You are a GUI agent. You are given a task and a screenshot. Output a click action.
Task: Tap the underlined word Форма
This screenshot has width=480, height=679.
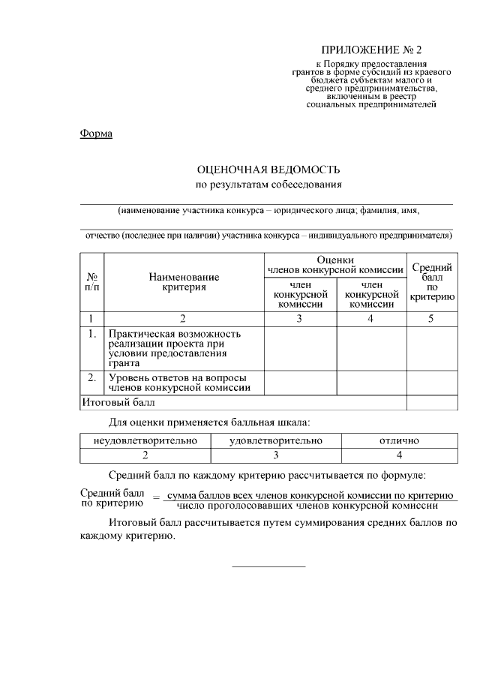[x=96, y=134]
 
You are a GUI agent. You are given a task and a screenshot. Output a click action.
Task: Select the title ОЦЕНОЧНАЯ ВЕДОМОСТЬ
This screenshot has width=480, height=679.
[x=268, y=170]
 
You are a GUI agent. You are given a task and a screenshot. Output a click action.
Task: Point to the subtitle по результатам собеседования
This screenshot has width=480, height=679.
[x=268, y=184]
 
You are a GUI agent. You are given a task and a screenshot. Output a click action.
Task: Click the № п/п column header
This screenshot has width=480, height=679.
[x=91, y=281]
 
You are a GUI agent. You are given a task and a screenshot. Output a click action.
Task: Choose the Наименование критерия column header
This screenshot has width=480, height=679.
[x=184, y=281]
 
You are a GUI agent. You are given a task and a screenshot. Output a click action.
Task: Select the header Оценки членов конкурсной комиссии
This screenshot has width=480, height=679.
[x=335, y=264]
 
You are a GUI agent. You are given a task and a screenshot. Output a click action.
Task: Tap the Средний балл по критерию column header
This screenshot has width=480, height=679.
[x=432, y=281]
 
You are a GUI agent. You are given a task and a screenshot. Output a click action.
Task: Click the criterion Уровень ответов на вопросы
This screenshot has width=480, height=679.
[x=178, y=383]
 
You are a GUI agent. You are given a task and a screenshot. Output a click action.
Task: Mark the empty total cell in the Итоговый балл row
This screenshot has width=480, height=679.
[x=432, y=403]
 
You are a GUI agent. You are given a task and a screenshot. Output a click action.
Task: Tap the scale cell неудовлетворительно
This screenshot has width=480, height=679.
[x=145, y=440]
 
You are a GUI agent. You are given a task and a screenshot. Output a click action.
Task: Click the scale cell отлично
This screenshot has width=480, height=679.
[x=399, y=440]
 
